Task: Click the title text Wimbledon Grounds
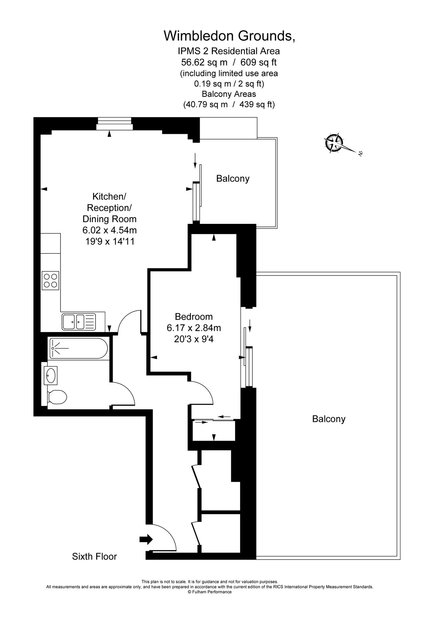tap(229, 36)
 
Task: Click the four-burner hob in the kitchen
tap(51, 280)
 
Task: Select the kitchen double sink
tap(79, 322)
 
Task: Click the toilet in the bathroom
tap(57, 398)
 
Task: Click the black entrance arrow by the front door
tap(146, 539)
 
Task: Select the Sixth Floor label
tap(94, 557)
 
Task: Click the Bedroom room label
tap(194, 317)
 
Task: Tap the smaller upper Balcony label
tap(233, 179)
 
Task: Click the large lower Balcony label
tap(328, 419)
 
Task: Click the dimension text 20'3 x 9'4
tap(194, 339)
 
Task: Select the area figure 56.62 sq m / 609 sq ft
tap(229, 62)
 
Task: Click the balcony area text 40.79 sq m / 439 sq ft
tap(229, 104)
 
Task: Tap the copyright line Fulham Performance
tap(210, 592)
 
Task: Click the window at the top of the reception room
tap(114, 124)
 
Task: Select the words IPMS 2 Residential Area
tap(229, 51)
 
